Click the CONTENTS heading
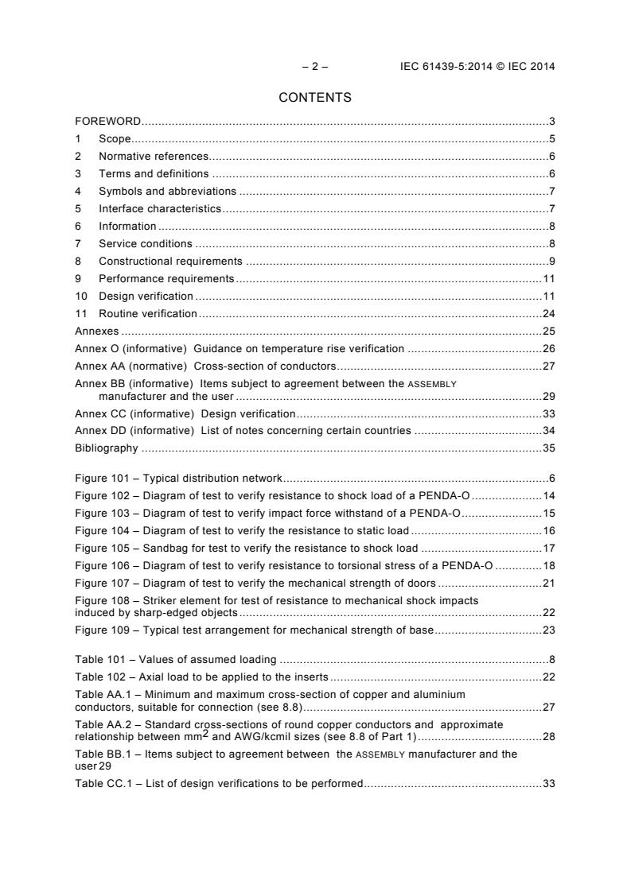click(315, 98)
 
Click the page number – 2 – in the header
click(315, 67)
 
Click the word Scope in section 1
click(115, 139)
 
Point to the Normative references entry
click(154, 157)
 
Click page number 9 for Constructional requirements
click(551, 261)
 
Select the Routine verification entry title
click(147, 313)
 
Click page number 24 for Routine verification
click(548, 313)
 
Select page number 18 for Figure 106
click(548, 566)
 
